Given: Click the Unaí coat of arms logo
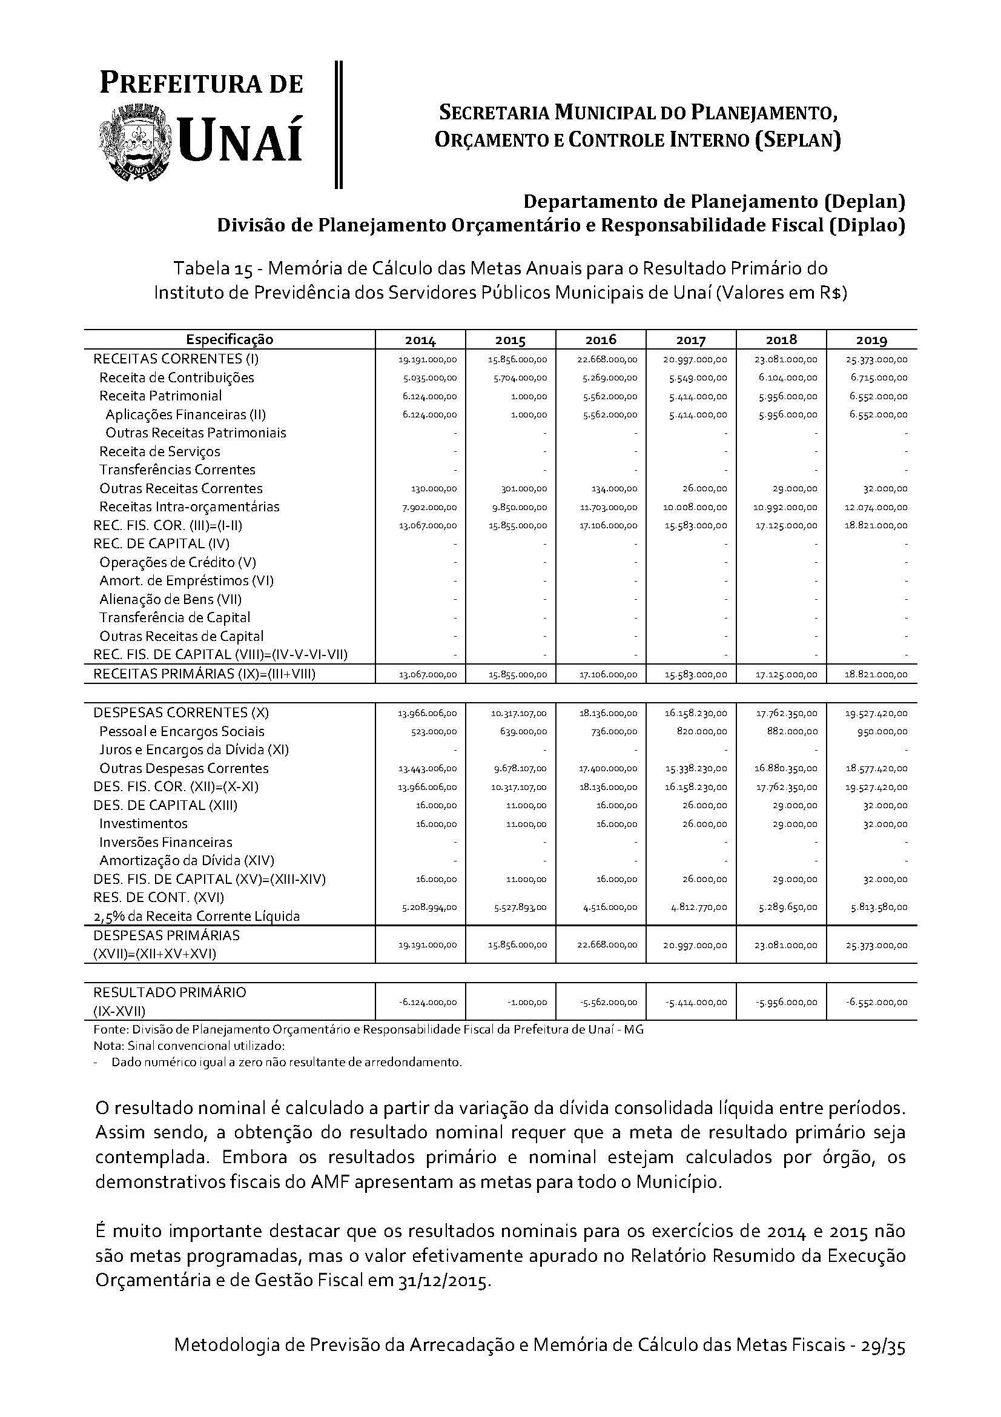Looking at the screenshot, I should click(137, 142).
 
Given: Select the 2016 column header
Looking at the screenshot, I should click(601, 339).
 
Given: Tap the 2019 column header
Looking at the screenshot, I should click(871, 339).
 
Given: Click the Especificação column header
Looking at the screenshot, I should click(230, 339).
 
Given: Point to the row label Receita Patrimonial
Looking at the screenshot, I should click(160, 396).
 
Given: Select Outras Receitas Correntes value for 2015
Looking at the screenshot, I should click(524, 489).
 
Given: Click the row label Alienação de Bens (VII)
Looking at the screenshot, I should click(170, 599).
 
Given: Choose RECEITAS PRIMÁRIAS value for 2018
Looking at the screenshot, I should click(787, 675).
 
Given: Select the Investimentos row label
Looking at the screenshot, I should click(143, 824).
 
